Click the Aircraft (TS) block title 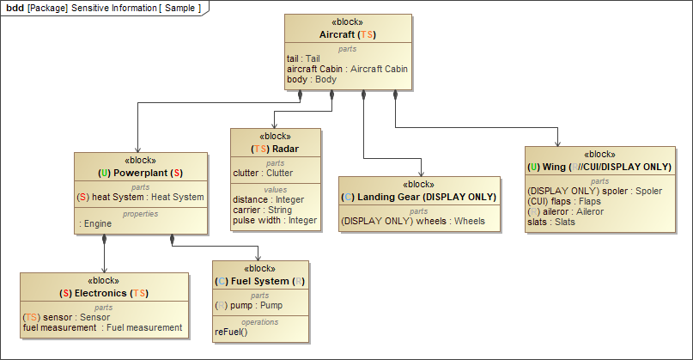[x=348, y=35]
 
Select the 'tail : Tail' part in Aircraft [x=303, y=58]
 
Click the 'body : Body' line [x=312, y=79]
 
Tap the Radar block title [x=275, y=149]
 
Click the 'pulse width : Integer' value [x=275, y=220]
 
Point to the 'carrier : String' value [x=263, y=210]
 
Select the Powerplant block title [x=141, y=173]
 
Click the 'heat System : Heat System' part [x=141, y=197]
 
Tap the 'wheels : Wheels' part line [x=413, y=221]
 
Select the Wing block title [x=597, y=167]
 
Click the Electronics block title [x=104, y=293]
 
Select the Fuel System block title [x=260, y=281]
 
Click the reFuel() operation [x=231, y=332]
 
